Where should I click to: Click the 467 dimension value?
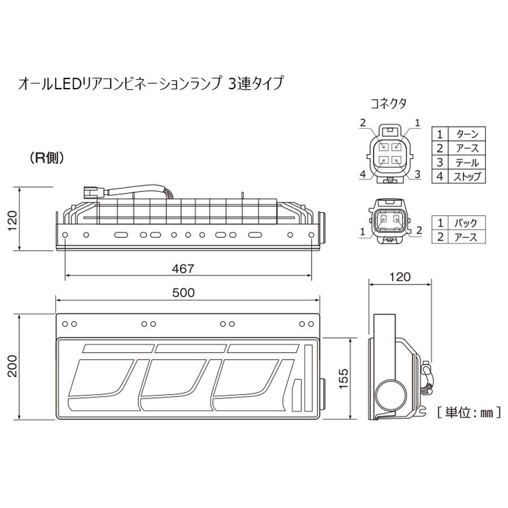click(x=184, y=269)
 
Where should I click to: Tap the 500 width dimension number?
click(x=184, y=292)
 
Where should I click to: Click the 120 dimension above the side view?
click(x=400, y=277)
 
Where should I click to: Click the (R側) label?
click(x=47, y=158)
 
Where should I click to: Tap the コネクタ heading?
click(x=388, y=103)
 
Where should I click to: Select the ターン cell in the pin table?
click(x=466, y=134)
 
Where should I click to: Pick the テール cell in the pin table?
click(x=466, y=163)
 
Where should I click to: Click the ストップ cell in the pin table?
click(x=466, y=177)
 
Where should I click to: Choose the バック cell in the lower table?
click(x=466, y=223)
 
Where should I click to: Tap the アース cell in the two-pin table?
click(x=466, y=237)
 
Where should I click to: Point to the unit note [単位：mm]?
click(x=468, y=413)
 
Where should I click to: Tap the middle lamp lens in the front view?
click(x=175, y=378)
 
